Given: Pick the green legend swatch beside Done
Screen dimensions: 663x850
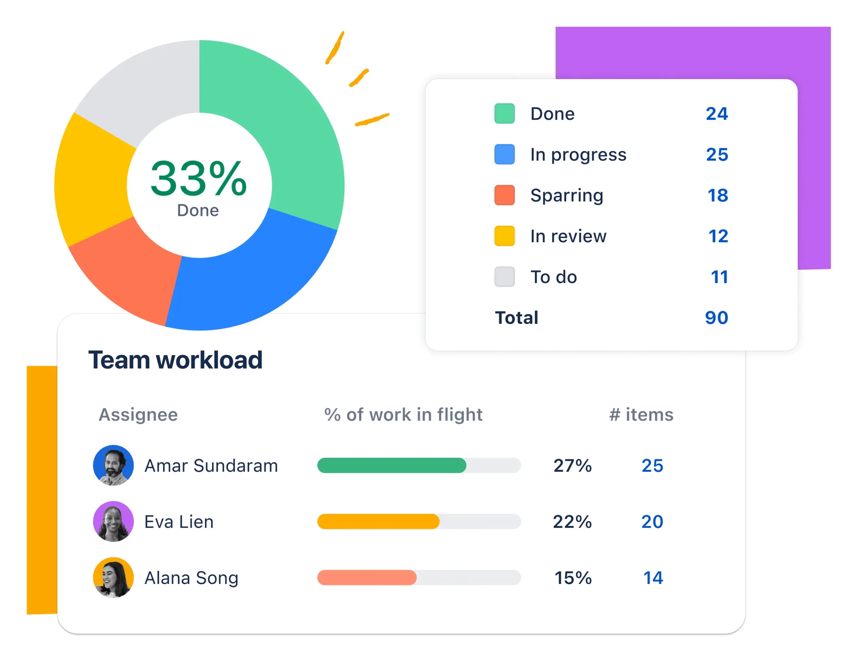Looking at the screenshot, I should (504, 114).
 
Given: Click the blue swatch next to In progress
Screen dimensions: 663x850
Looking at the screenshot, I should (504, 154).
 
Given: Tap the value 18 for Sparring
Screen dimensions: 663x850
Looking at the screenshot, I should (717, 195).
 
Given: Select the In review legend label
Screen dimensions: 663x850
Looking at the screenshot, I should (568, 236).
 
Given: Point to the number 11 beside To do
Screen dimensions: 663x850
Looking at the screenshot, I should (719, 277).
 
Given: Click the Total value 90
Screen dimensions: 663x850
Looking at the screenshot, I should (716, 318).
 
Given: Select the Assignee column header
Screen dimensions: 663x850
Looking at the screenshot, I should (138, 415).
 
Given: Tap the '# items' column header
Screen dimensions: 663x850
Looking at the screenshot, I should (641, 415).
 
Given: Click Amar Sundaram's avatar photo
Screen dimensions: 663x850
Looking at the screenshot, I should (113, 465).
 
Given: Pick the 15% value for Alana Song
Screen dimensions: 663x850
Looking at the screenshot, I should (572, 578).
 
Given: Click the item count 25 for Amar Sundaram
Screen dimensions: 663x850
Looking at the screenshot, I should (652, 466).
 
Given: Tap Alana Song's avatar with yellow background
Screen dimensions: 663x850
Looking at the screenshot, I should (113, 577).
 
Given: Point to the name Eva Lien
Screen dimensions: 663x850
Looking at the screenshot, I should (179, 522).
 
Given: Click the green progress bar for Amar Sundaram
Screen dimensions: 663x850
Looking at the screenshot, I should (391, 465).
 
